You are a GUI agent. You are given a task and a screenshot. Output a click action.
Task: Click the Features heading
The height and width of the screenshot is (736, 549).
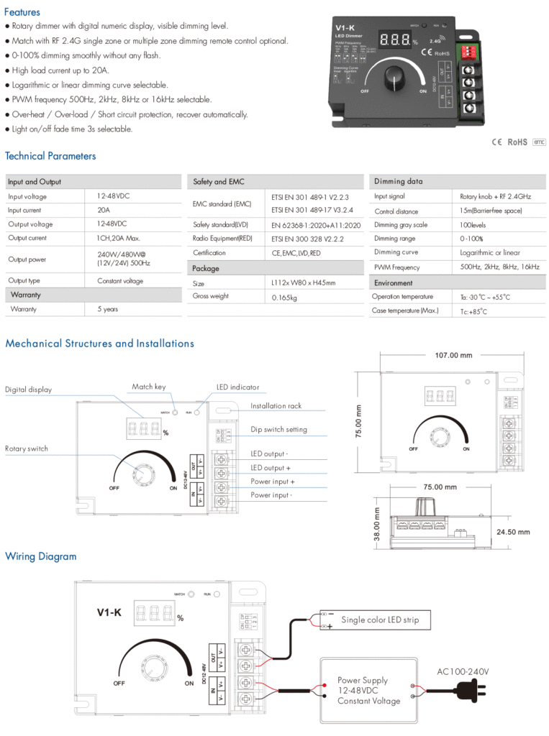pos(22,12)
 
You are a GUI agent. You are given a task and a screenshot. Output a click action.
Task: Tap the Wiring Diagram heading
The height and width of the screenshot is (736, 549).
pos(40,556)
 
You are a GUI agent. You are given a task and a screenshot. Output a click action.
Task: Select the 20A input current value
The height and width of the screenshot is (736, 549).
pos(104,210)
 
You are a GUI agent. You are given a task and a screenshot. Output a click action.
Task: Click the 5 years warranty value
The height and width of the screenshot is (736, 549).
pos(107,309)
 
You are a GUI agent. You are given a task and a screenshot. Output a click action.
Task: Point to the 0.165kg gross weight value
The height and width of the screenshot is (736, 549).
pos(284,297)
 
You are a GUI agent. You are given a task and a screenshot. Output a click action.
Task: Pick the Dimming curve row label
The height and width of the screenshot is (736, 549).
pos(396,252)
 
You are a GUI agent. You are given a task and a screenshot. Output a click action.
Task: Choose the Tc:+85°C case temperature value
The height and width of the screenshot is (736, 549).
pos(474,311)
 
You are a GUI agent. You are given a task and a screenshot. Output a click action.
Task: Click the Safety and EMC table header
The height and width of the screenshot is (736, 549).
pos(219,182)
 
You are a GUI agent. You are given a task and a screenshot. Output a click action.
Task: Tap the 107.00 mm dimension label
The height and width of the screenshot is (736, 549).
pos(454,355)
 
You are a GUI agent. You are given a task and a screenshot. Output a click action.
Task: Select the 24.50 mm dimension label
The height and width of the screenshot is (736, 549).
pos(514,532)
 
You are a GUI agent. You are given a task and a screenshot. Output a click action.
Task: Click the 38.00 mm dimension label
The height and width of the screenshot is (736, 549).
pos(376,525)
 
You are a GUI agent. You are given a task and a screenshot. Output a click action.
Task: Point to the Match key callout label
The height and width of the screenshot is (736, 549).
pos(149,387)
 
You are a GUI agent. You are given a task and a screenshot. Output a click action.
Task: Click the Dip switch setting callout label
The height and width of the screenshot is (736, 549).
pos(278,429)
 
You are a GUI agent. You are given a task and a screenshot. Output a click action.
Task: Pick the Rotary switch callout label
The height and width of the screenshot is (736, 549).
pos(27,448)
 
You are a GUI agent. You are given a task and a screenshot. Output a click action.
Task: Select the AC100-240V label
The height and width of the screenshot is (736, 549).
pos(463,672)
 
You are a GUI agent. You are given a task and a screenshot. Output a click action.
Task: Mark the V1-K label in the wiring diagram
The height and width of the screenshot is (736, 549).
pos(109,612)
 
